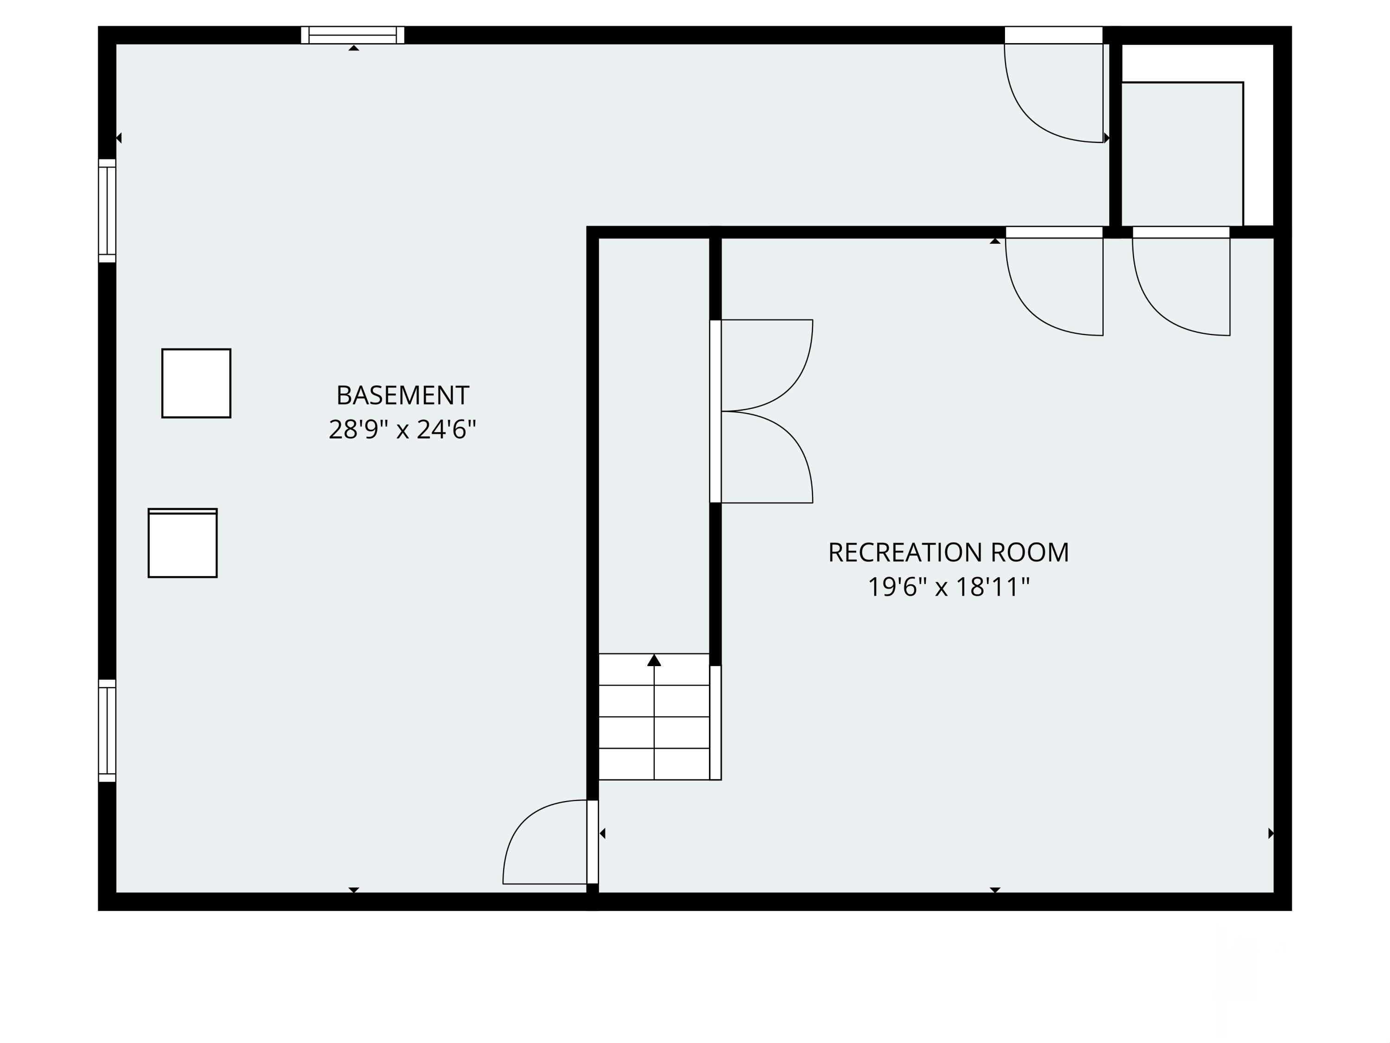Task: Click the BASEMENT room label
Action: point(402,395)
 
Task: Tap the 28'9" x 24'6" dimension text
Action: point(402,430)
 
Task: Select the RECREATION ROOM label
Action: point(948,553)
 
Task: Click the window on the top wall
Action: point(353,35)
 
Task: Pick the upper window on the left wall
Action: point(107,210)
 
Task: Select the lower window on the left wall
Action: point(107,731)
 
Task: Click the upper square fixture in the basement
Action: point(196,383)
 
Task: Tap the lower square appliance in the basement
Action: point(182,543)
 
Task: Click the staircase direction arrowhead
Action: point(654,660)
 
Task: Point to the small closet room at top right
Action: point(1181,154)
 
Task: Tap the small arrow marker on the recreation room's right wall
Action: point(1270,833)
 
